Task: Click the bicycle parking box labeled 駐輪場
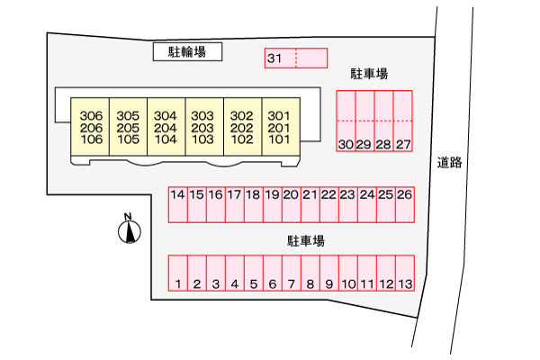[x=187, y=51]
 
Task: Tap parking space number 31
[x=280, y=58]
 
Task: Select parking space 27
[x=403, y=121]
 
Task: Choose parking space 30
[x=346, y=121]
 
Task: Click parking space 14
[x=177, y=204]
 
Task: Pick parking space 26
[x=405, y=204]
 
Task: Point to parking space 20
[x=292, y=204]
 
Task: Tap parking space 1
[x=177, y=273]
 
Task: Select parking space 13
[x=405, y=273]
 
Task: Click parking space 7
[x=292, y=273]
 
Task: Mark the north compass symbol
[x=129, y=229]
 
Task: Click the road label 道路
[x=449, y=162]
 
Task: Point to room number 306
[x=91, y=116]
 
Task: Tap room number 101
[x=279, y=139]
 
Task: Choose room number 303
[x=202, y=116]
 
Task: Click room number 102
[x=242, y=139]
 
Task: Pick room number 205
[x=128, y=128]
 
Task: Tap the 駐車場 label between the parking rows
[x=306, y=241]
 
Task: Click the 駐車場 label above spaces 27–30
[x=369, y=74]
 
